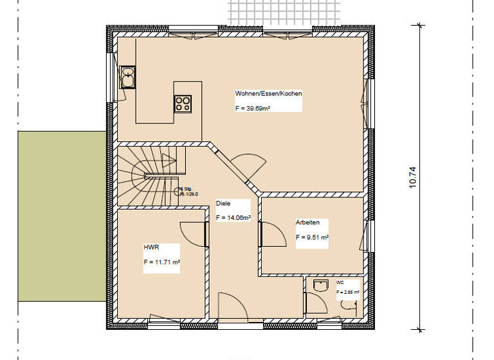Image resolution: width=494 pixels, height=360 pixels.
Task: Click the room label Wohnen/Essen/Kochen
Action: point(268,94)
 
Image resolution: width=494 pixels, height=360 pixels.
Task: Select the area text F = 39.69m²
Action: point(253,109)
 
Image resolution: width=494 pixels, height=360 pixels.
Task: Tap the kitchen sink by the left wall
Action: point(127,78)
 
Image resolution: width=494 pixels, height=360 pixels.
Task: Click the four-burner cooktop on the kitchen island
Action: point(183,103)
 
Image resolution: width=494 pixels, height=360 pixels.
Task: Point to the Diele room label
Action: point(223,203)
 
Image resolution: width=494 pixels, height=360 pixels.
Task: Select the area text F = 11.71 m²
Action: point(161,262)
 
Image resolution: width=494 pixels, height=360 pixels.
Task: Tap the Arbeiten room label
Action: point(307,222)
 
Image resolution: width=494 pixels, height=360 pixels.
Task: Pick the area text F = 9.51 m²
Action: point(313,237)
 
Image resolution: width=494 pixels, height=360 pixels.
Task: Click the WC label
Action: point(340,282)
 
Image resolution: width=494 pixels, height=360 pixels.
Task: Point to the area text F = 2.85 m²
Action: point(347,292)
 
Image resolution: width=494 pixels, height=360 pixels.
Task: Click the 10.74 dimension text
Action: point(412,177)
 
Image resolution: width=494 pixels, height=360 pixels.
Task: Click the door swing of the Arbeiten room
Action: point(273,233)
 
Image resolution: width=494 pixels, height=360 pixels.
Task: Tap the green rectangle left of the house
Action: point(61,216)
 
